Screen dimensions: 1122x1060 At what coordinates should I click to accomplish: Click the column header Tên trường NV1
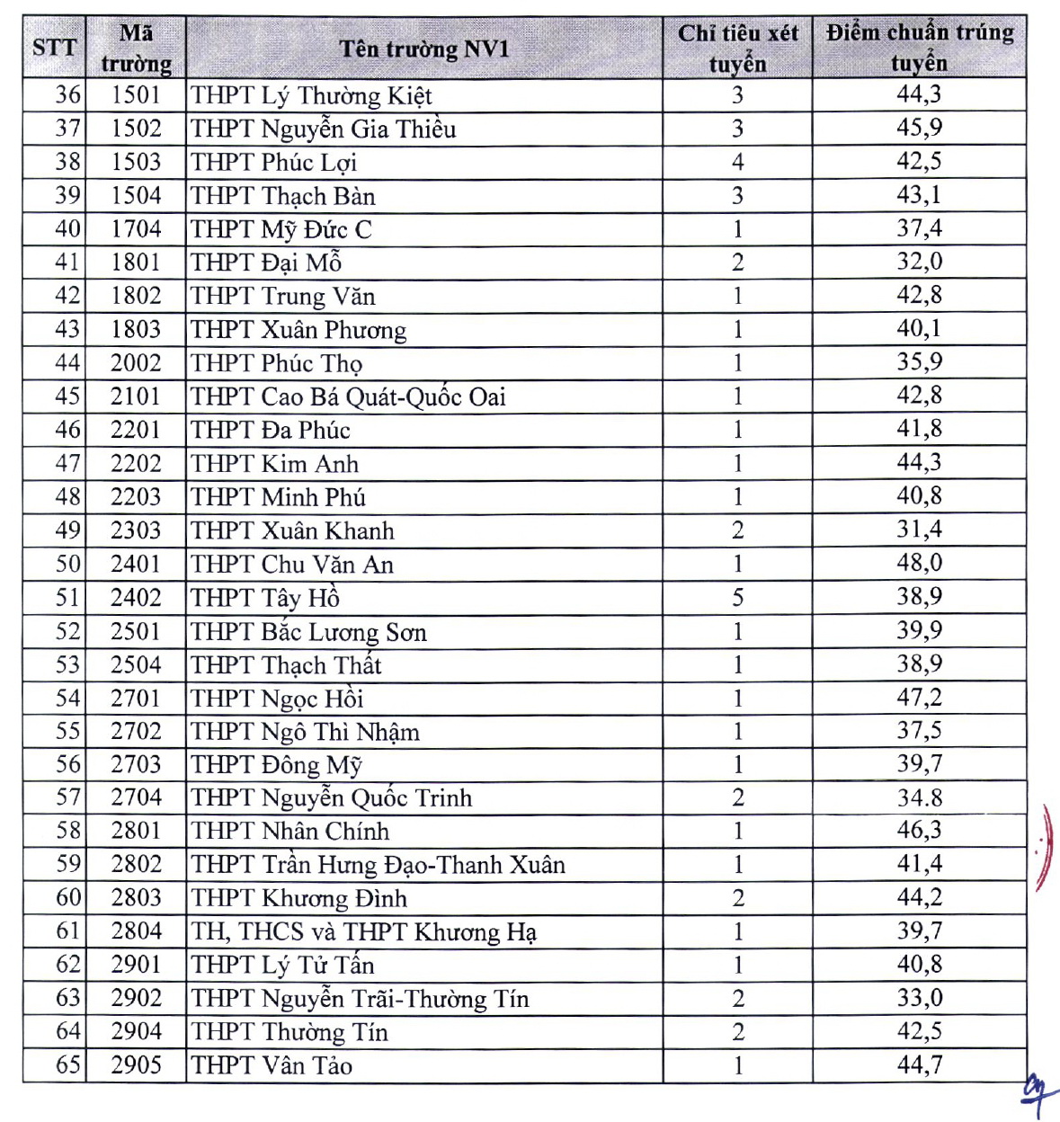click(x=423, y=49)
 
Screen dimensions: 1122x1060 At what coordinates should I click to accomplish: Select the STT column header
click(x=54, y=47)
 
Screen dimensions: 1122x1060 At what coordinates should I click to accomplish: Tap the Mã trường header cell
click(x=136, y=49)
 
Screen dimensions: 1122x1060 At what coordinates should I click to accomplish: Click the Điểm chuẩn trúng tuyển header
click(x=919, y=48)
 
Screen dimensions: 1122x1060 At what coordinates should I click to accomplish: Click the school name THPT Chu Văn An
click(x=292, y=565)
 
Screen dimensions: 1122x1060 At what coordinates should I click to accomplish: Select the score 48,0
click(x=919, y=564)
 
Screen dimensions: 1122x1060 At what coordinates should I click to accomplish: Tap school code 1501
click(x=136, y=95)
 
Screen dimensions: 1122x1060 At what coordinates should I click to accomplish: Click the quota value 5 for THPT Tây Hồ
click(x=737, y=598)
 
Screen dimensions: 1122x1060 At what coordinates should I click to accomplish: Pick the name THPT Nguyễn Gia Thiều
click(x=324, y=129)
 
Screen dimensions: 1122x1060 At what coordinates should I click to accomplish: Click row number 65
click(x=68, y=1065)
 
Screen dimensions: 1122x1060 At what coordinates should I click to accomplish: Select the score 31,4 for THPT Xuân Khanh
click(x=919, y=530)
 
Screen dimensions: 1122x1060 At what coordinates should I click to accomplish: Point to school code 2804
click(x=136, y=931)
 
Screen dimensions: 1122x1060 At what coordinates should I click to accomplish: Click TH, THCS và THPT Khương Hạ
click(x=363, y=932)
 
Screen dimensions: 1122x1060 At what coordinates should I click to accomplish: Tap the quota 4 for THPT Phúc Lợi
click(x=737, y=163)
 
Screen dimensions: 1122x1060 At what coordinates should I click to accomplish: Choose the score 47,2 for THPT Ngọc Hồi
click(x=919, y=697)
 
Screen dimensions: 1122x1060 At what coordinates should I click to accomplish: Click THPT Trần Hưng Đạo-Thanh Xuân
click(x=379, y=865)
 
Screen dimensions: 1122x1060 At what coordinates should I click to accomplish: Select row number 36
click(x=68, y=95)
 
